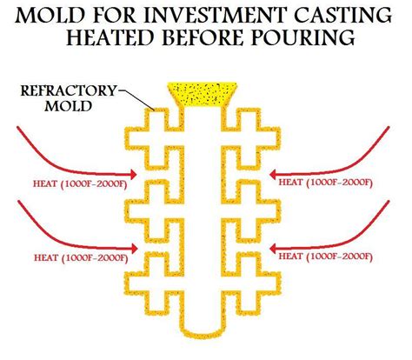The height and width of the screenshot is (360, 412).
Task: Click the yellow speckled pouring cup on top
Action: (x=206, y=93)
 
